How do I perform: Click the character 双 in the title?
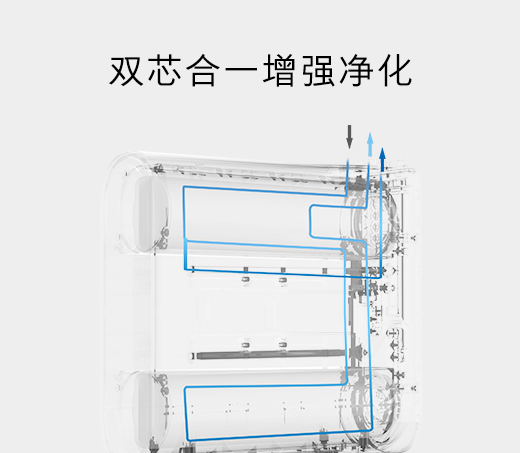click(x=126, y=71)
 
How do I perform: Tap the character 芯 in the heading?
click(x=164, y=71)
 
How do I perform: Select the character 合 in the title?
click(x=203, y=71)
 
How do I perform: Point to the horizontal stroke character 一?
click(x=241, y=71)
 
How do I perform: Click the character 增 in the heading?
click(x=279, y=71)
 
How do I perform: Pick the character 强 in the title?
click(x=318, y=71)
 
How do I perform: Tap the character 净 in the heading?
click(x=356, y=71)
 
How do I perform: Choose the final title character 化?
click(x=395, y=71)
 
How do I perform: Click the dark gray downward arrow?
click(x=349, y=137)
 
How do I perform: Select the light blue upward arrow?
click(x=370, y=144)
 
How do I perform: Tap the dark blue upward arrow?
click(x=382, y=160)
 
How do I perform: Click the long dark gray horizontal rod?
click(x=271, y=355)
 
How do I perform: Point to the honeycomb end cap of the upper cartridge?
click(x=370, y=220)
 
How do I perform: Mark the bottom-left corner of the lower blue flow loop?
click(x=189, y=440)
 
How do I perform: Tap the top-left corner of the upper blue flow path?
click(x=184, y=187)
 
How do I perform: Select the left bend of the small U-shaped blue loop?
click(x=311, y=221)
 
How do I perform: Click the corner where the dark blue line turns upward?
click(x=381, y=277)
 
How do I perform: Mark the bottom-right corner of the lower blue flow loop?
click(x=371, y=430)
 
